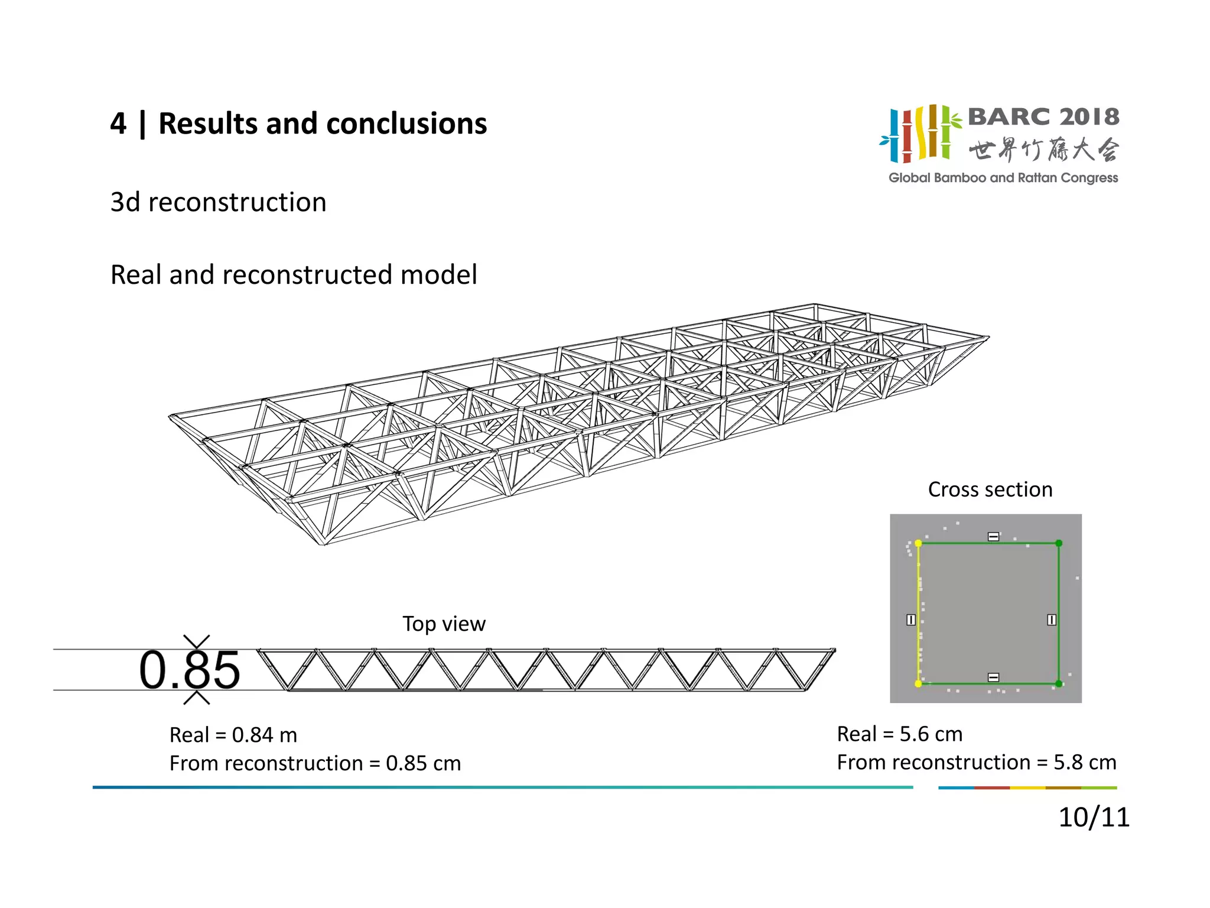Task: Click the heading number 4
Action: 118,124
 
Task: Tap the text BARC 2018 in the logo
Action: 1043,117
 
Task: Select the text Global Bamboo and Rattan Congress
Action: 1003,178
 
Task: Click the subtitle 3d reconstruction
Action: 218,202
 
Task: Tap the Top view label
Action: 444,624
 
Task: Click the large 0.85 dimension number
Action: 189,670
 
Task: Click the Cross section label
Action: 990,489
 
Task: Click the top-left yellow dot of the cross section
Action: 918,543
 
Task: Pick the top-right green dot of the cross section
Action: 1059,543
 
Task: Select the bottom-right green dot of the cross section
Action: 1059,684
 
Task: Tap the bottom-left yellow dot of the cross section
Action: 918,684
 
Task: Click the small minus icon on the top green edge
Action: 994,537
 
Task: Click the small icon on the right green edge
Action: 1052,620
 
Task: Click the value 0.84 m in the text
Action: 264,735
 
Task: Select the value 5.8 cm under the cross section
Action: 1085,763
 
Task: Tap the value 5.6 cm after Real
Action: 931,734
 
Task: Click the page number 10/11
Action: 1094,818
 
